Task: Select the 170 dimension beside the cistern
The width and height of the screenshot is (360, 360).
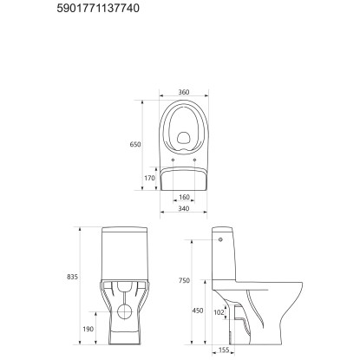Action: click(148, 178)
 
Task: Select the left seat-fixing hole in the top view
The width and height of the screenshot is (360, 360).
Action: click(173, 160)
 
